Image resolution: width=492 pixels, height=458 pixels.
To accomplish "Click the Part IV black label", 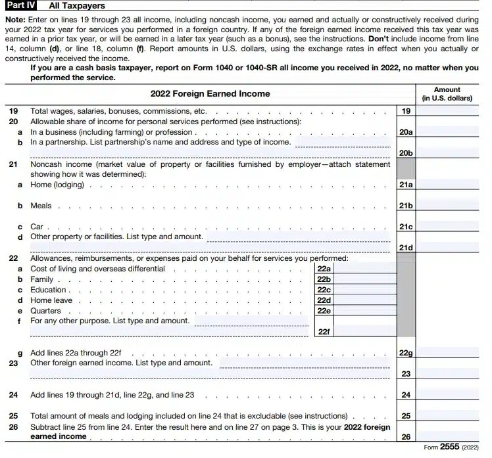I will (x=21, y=6).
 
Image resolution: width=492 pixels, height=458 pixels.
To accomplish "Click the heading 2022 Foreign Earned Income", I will (x=210, y=93).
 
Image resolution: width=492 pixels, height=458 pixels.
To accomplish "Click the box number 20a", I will (x=406, y=132).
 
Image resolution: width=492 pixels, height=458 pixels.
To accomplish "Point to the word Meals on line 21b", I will (x=41, y=206).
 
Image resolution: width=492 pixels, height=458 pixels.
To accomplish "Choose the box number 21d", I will (x=406, y=247).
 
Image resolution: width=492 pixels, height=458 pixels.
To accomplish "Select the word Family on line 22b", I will (x=42, y=279).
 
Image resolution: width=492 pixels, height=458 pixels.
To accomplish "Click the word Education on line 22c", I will (x=49, y=290).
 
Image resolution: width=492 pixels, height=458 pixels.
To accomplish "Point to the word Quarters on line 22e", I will (x=46, y=311).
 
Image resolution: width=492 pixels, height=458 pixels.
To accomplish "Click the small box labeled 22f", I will (x=324, y=332).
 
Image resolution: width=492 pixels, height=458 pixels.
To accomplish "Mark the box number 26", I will (x=406, y=436).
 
